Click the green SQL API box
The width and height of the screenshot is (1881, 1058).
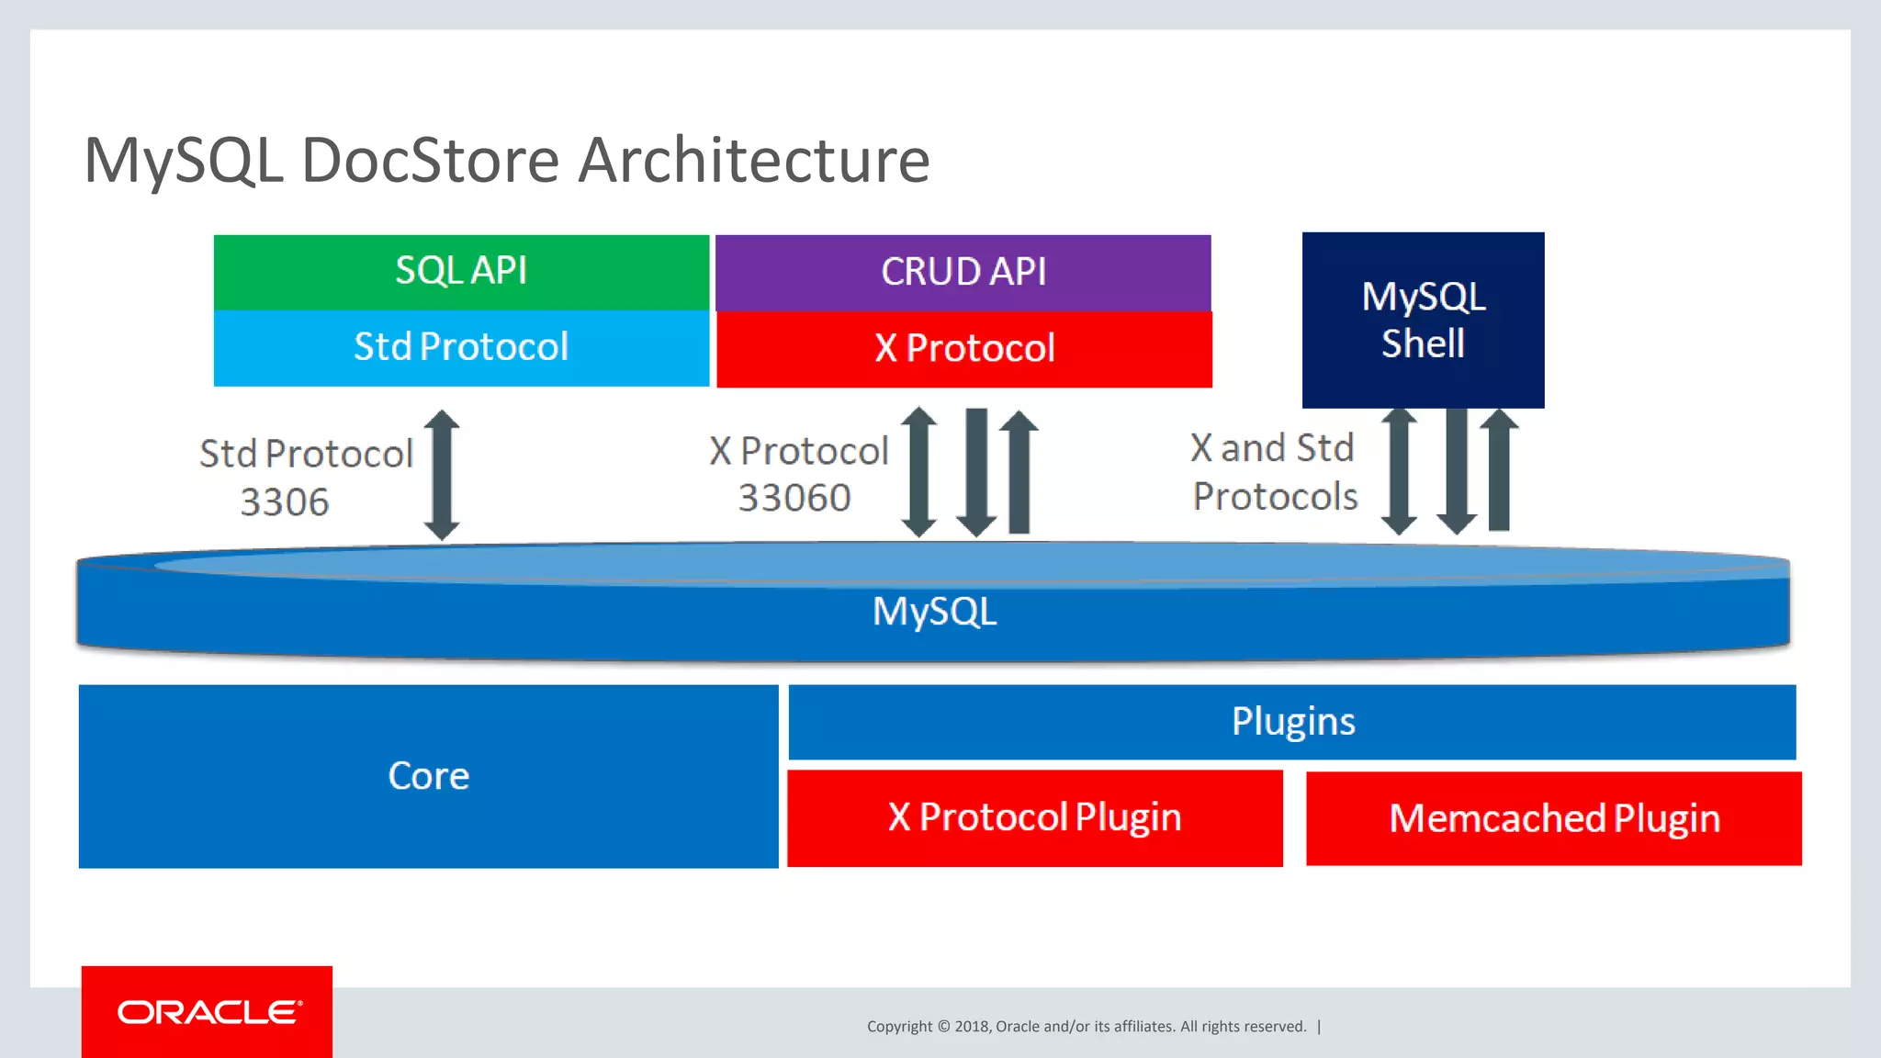coord(461,272)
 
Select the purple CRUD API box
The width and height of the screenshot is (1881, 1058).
coord(963,273)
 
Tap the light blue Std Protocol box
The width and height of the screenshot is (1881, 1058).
coord(461,347)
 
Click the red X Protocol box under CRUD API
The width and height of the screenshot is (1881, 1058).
coord(964,349)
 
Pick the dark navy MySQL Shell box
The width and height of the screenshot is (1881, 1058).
coord(1423,320)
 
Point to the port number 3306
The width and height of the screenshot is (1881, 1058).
coord(284,502)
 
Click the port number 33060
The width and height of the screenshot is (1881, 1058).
coord(794,498)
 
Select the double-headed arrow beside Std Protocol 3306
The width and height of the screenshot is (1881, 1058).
coord(442,474)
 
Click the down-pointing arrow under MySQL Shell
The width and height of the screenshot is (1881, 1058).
coord(1457,470)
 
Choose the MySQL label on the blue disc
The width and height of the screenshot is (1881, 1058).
coord(934,612)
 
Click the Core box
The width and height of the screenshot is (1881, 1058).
coord(428,776)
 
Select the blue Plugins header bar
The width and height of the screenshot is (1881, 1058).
coord(1291,722)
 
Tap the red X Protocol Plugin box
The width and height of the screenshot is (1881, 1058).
coord(1034,817)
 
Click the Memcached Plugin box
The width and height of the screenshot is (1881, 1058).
coord(1553,818)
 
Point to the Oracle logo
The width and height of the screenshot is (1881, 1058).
coord(208,1012)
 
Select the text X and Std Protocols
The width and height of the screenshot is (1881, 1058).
coord(1273,472)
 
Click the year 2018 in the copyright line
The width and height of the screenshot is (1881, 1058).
coord(971,1027)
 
